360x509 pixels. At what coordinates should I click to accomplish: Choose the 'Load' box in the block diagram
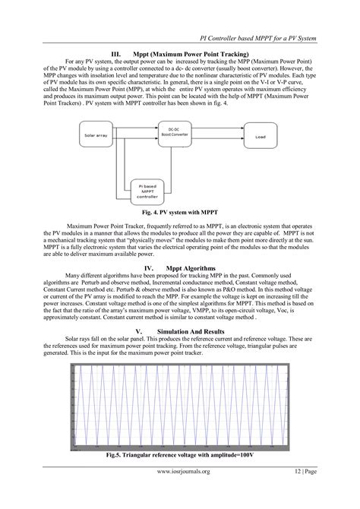261,138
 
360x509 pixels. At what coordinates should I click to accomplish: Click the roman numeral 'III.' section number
118,54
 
